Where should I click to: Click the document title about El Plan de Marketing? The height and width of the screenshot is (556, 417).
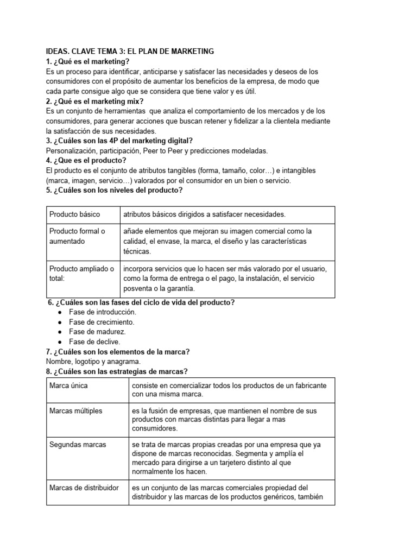[x=130, y=51]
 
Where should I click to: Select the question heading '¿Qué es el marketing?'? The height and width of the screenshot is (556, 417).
[x=88, y=61]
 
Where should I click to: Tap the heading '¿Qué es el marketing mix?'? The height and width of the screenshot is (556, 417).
[x=96, y=101]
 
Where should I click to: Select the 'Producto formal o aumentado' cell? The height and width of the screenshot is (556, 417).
[x=77, y=236]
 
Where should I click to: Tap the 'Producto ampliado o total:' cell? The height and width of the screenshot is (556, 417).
[x=81, y=273]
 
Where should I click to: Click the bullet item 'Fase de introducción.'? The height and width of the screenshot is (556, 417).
[x=103, y=312]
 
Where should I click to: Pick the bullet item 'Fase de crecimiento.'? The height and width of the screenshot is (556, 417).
[x=102, y=322]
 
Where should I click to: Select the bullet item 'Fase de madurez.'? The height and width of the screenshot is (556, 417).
[x=97, y=332]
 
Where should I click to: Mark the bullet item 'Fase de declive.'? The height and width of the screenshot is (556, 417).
[x=94, y=342]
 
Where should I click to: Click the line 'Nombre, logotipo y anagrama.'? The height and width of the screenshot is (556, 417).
[x=93, y=361]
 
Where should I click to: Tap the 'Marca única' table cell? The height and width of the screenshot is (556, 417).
[x=68, y=385]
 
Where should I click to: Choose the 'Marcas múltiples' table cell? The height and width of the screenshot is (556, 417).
[x=75, y=410]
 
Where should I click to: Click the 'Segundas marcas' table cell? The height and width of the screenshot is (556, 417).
[x=78, y=444]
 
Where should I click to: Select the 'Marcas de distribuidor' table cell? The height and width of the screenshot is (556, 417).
[x=84, y=488]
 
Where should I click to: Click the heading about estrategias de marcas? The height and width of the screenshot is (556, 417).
[x=117, y=371]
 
